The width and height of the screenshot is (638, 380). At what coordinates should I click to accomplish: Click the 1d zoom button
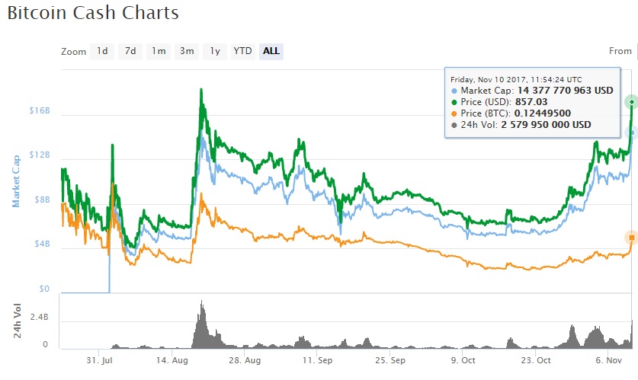101,51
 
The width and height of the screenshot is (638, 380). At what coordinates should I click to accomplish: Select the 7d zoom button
130,51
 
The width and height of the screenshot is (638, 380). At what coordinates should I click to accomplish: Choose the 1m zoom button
159,51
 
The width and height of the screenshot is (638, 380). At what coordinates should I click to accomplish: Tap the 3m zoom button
187,51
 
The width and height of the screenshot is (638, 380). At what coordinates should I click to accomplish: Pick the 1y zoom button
215,51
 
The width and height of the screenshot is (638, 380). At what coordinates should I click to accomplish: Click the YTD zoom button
242,51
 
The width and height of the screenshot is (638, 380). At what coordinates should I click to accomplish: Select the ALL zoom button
271,51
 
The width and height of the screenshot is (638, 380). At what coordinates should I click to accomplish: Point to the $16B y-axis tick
39,110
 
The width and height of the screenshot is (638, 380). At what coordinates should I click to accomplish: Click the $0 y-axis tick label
44,289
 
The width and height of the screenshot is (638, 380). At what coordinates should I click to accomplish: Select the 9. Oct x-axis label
463,359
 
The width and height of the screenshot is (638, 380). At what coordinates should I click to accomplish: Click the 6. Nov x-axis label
610,359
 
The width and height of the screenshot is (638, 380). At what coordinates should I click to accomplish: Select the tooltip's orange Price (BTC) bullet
455,113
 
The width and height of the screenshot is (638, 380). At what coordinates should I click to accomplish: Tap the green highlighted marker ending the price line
631,102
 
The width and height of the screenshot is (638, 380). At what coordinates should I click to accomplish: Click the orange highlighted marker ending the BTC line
631,238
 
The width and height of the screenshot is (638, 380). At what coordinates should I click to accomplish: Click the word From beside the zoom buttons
620,51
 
